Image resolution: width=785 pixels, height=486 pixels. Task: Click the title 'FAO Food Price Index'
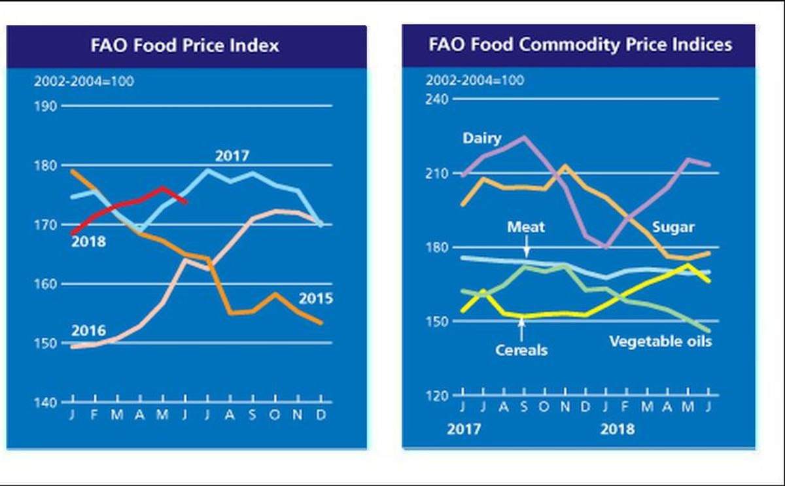coord(185,45)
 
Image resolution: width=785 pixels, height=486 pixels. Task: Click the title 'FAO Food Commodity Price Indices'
coord(580,44)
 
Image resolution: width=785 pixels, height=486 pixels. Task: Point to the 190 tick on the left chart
coord(46,106)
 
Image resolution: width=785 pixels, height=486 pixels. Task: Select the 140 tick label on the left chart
coord(46,402)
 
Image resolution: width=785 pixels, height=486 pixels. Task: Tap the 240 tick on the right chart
coord(437,99)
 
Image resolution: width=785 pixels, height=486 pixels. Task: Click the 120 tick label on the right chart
coord(437,395)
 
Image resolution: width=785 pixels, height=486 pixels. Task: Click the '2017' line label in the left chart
coord(232,156)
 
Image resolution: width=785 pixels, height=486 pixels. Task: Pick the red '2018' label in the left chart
coord(88,242)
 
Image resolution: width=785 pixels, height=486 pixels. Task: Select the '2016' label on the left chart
coord(88,330)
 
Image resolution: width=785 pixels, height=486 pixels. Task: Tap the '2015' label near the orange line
coord(316,299)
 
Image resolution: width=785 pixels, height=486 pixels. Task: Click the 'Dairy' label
coord(482,139)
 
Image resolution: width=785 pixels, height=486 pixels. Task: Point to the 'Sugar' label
coord(673,228)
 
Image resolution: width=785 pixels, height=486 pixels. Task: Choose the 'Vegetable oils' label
coord(660,341)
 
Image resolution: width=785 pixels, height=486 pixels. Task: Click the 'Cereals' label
coord(521,350)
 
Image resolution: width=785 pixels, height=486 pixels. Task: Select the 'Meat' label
coord(526,228)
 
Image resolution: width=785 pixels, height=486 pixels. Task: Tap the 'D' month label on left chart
coord(321,415)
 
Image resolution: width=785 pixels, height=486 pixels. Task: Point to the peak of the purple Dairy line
coord(523,137)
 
